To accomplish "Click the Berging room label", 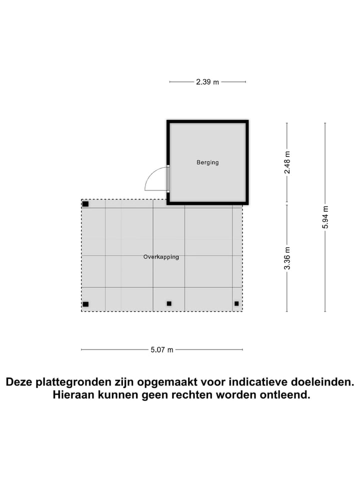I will tap(207, 162).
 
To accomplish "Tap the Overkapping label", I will tap(161, 257).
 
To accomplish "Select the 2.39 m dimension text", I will tap(207, 82).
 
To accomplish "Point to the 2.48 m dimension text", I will tap(287, 163).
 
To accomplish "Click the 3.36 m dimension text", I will tap(287, 258).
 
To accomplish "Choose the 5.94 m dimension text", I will tap(325, 217).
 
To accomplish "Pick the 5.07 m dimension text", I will tap(162, 350).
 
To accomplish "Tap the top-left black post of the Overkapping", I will tap(85, 204).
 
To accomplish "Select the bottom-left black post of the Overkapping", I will tap(85, 304).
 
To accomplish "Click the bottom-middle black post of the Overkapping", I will tap(169, 303).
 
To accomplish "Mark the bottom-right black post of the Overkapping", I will tap(236, 303).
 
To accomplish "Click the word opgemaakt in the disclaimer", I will tap(171, 382).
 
